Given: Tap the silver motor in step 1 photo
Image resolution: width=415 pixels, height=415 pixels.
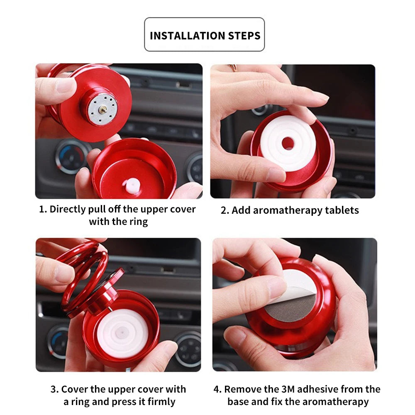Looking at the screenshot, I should (102, 109).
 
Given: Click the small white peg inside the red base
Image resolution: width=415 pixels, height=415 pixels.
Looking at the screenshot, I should (132, 186).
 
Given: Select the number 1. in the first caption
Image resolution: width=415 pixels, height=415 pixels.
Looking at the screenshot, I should (43, 209).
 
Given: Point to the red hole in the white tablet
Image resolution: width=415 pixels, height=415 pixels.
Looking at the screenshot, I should (288, 144).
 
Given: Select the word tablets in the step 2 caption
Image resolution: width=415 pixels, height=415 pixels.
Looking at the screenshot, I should (339, 210).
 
